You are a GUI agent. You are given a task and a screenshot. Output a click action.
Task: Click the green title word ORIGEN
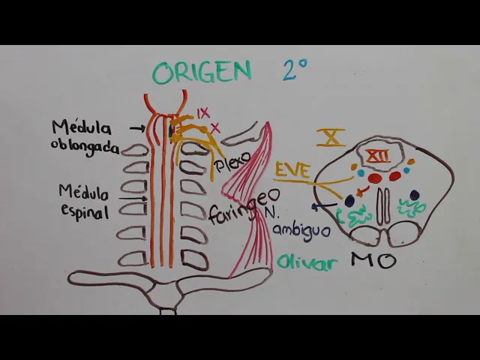coord(202,72)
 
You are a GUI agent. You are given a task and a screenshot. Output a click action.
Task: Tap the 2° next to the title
coord(295,71)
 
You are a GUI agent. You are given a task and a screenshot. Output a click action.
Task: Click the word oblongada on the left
coord(85,146)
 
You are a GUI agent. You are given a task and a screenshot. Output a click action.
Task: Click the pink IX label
coord(203,112)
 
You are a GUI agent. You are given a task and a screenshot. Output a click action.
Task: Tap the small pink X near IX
coord(215,127)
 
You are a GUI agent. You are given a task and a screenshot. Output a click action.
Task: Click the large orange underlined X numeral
coord(331,136)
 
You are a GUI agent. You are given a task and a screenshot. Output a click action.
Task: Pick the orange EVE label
coord(292,169)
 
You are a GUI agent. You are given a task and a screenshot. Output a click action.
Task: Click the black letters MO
coord(373,261)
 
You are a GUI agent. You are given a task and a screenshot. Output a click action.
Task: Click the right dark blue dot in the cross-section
coord(414,195)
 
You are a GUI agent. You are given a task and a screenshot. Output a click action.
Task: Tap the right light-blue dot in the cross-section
coord(408,171)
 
